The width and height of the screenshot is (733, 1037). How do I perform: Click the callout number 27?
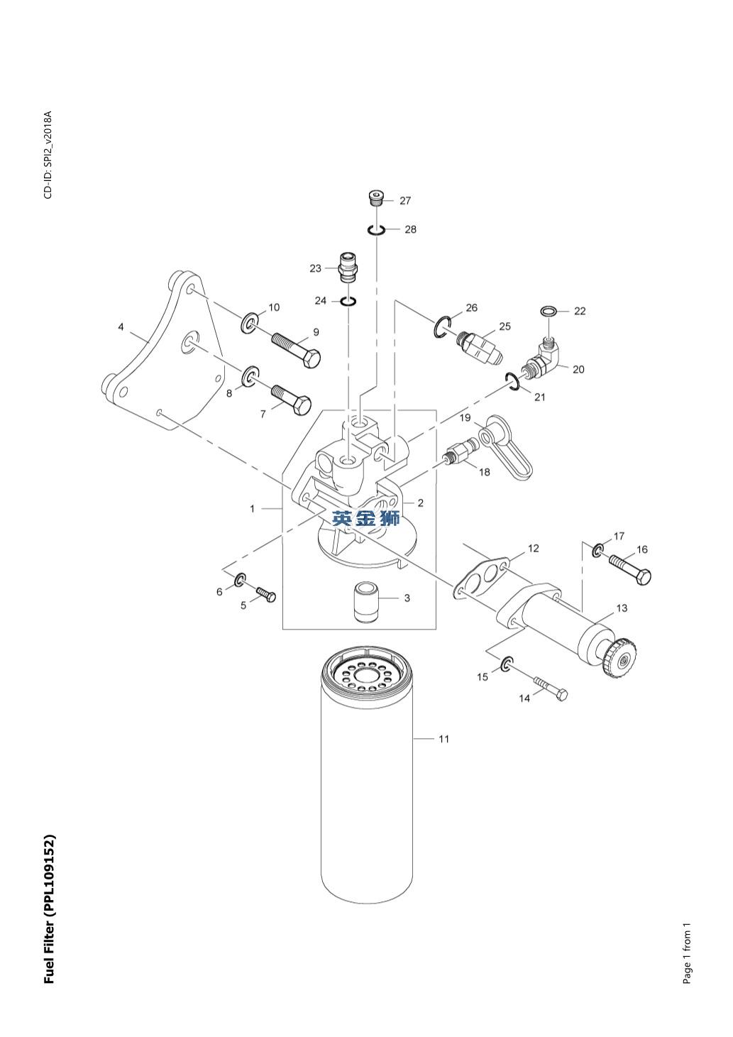pos(404,201)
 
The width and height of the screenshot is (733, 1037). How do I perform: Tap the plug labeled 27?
pos(377,197)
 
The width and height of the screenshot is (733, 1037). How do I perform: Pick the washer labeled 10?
pos(250,323)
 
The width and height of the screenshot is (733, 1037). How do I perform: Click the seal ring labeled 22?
pos(549,311)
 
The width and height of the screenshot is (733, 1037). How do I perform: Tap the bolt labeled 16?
pos(629,569)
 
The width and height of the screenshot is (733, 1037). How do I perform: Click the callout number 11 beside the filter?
pos(443,739)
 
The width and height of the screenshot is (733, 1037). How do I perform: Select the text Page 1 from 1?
pos(686,953)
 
